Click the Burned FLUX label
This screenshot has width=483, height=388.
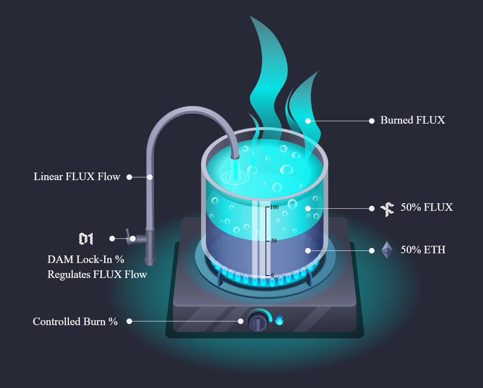coord(413,120)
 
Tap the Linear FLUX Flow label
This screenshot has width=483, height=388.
coord(77,177)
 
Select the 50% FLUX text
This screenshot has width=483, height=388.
coord(427,208)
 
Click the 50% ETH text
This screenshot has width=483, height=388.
coord(423,250)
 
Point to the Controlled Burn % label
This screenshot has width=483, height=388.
coord(75,322)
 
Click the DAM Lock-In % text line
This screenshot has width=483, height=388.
coord(86,260)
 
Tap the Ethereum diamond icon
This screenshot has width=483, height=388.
coord(387,250)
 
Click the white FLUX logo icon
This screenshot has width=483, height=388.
coord(387,209)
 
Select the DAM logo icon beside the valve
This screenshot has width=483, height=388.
coord(86,239)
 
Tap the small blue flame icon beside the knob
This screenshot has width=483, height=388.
coord(279,320)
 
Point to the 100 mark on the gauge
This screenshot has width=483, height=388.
coord(274,207)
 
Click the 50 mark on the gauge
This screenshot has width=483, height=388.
coord(274,241)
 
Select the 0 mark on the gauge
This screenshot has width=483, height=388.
coord(272,275)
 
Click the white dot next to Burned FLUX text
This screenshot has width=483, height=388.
coord(372,121)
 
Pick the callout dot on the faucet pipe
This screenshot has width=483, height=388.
coord(150,177)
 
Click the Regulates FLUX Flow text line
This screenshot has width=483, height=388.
coord(97,275)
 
